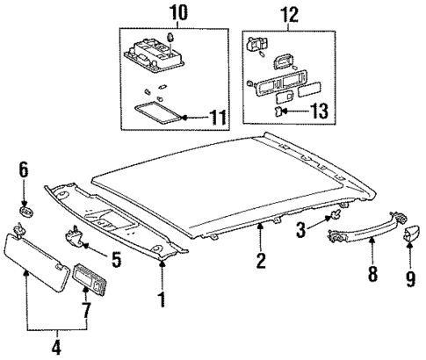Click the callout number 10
[x=167, y=13]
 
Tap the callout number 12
[x=289, y=13]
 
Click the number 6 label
[x=25, y=169]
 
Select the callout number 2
[x=261, y=261]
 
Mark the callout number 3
[x=300, y=229]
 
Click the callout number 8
[x=372, y=275]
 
